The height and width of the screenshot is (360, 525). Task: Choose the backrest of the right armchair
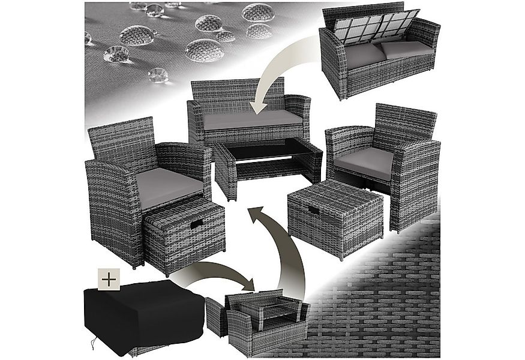pos(406,124)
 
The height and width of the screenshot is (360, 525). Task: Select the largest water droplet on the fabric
pos(204,50)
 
